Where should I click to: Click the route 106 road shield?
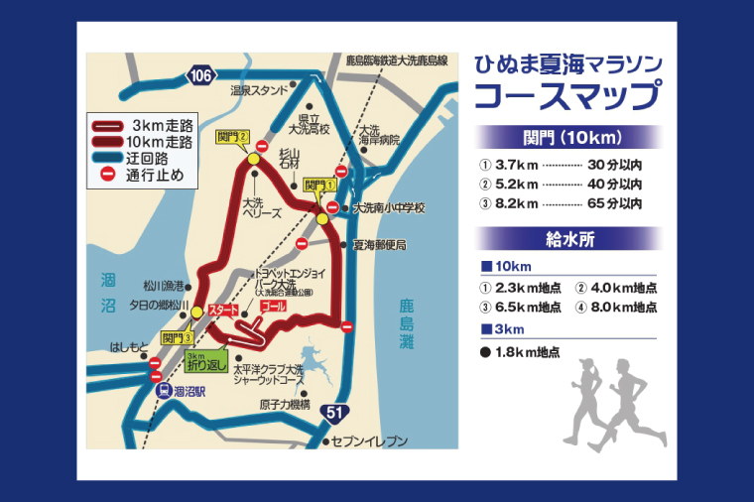click(200, 75)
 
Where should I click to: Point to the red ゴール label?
click(271, 309)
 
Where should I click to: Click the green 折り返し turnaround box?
click(203, 362)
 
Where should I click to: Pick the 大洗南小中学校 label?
click(389, 208)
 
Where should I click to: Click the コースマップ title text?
click(568, 96)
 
